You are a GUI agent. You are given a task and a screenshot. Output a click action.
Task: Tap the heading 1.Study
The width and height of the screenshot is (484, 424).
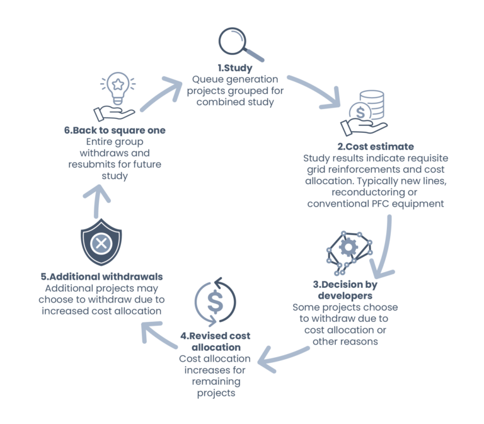[x=235, y=68]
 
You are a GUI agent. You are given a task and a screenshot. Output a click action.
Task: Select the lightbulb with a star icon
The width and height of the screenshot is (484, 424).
[x=118, y=89]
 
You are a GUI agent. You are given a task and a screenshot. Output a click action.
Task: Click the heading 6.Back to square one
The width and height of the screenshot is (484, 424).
[x=115, y=130]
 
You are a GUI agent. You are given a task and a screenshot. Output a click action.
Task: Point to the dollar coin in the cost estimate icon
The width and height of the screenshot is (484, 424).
[x=360, y=112]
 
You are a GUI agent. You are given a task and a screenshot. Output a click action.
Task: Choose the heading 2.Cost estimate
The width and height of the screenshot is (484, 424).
[x=376, y=147]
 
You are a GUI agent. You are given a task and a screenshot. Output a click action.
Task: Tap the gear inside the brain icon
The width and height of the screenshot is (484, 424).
[x=349, y=247]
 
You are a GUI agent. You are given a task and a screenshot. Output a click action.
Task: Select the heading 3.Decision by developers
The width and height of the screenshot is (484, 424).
[x=345, y=290]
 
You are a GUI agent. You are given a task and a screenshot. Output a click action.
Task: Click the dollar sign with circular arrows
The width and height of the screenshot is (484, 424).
[x=215, y=302]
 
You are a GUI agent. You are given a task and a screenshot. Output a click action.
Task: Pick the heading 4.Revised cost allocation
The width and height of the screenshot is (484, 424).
[x=216, y=341]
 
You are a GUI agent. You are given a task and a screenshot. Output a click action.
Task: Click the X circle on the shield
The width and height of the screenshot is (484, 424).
[x=101, y=243]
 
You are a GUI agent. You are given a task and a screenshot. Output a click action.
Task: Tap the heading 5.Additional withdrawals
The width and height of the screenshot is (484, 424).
[x=101, y=277]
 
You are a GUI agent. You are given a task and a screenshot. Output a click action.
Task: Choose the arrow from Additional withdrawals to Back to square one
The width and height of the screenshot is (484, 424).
[x=96, y=202]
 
